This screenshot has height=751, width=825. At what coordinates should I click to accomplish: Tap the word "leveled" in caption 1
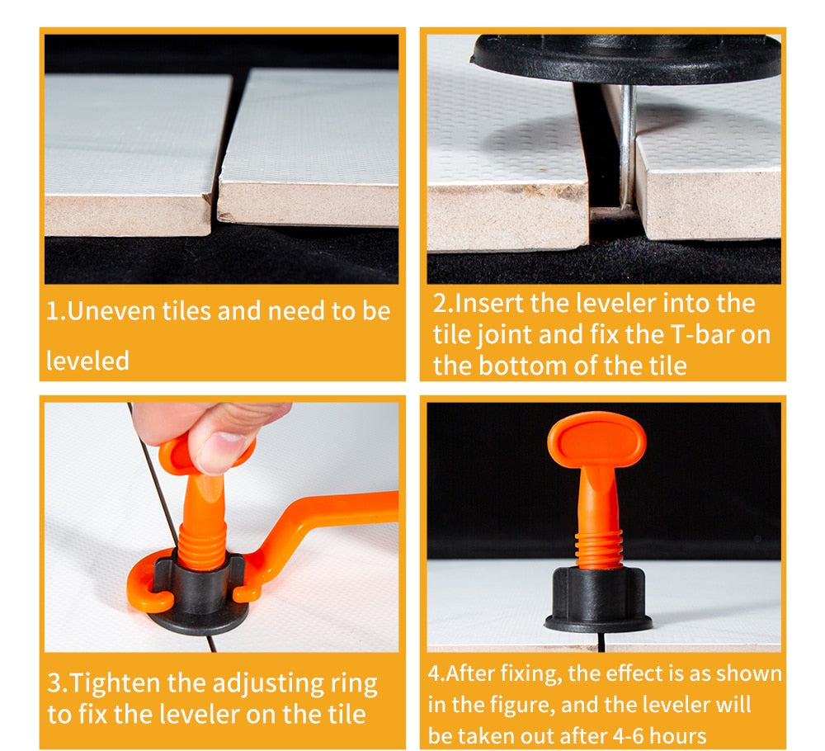[87, 361]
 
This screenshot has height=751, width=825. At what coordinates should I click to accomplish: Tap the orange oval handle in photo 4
[596, 438]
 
